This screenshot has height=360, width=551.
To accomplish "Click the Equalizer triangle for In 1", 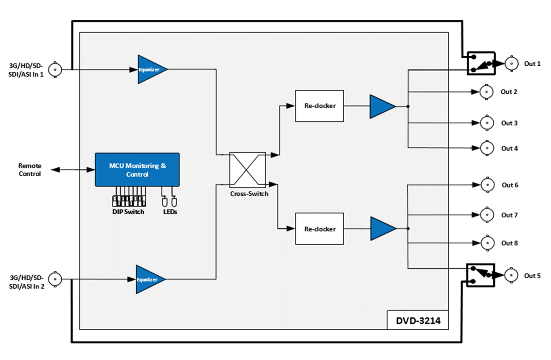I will (150, 69).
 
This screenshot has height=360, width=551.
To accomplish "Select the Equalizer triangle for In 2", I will (149, 279).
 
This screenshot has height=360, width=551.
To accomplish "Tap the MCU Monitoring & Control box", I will (137, 169).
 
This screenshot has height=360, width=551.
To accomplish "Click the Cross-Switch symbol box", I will (248, 170).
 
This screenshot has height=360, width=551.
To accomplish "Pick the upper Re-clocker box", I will (320, 106).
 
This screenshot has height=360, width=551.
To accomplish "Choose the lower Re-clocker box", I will (320, 229).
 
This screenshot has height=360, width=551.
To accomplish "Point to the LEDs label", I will (170, 212).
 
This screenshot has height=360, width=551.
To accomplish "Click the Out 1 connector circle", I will (511, 64).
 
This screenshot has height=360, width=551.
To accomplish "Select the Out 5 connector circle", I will (511, 275).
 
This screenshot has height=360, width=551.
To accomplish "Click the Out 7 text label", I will (509, 215).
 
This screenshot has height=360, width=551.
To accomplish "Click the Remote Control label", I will (30, 170).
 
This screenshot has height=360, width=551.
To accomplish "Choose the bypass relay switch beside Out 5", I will (481, 274).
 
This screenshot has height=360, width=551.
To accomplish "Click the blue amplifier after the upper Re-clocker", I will (381, 106).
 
